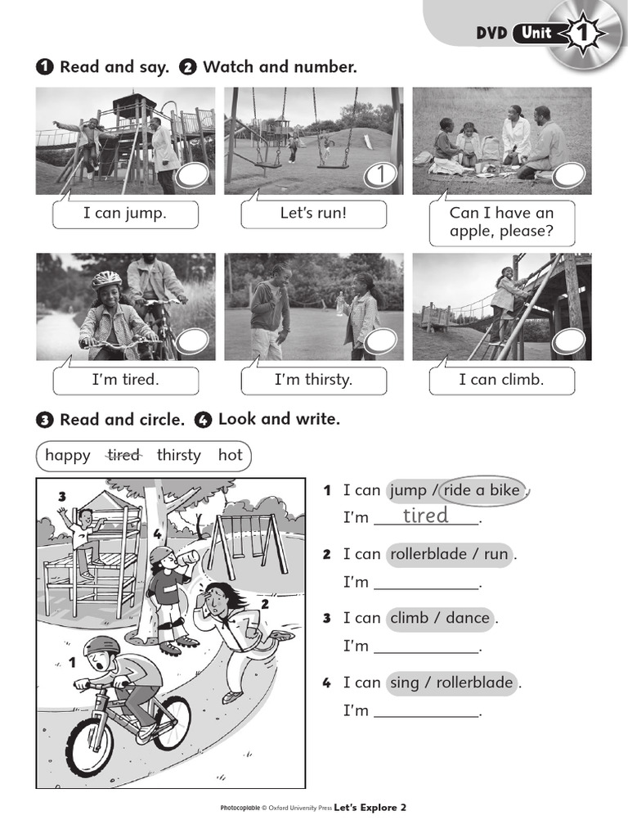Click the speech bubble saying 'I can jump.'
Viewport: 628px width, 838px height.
(125, 214)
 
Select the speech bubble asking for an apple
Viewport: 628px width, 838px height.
(501, 222)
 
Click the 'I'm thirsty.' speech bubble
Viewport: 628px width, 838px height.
(313, 381)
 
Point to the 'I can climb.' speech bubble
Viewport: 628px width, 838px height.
(501, 381)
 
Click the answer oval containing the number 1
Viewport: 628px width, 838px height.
(379, 174)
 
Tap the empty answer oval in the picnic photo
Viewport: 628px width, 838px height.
(568, 174)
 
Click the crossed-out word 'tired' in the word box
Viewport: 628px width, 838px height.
(123, 455)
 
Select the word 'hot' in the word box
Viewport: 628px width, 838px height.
(231, 455)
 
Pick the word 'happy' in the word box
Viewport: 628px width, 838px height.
(68, 455)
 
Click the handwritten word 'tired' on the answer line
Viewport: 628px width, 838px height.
(425, 516)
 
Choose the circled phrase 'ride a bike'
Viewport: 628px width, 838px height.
(482, 490)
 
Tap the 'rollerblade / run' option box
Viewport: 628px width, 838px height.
(449, 554)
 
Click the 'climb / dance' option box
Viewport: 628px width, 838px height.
(440, 618)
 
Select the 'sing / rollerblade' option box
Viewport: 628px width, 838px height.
(451, 683)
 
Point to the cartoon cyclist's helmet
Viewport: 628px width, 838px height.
(101, 647)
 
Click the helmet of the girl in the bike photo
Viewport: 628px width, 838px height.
(106, 280)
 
